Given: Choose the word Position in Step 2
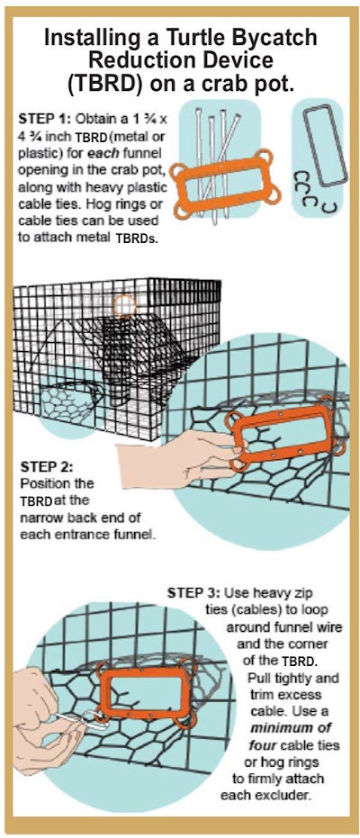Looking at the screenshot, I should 44,483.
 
